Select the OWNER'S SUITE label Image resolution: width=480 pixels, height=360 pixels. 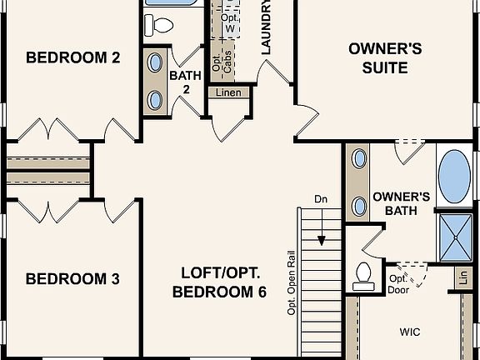(384, 57)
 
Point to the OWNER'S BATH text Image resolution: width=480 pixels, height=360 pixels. (401, 204)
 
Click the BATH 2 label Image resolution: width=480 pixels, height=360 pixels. (185, 82)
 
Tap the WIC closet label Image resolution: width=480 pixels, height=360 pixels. (409, 332)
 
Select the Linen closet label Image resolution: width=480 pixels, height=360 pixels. (228, 92)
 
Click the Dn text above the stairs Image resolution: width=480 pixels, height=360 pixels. (322, 199)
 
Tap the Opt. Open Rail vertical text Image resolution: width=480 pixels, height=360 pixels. (292, 279)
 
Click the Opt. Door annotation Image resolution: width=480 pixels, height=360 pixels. (397, 284)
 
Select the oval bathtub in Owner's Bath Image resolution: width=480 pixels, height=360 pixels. (454, 177)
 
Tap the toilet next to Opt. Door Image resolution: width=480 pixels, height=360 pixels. (363, 274)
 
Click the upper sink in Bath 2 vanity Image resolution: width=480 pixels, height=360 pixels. (156, 62)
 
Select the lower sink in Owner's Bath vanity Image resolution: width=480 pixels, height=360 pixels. (359, 205)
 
